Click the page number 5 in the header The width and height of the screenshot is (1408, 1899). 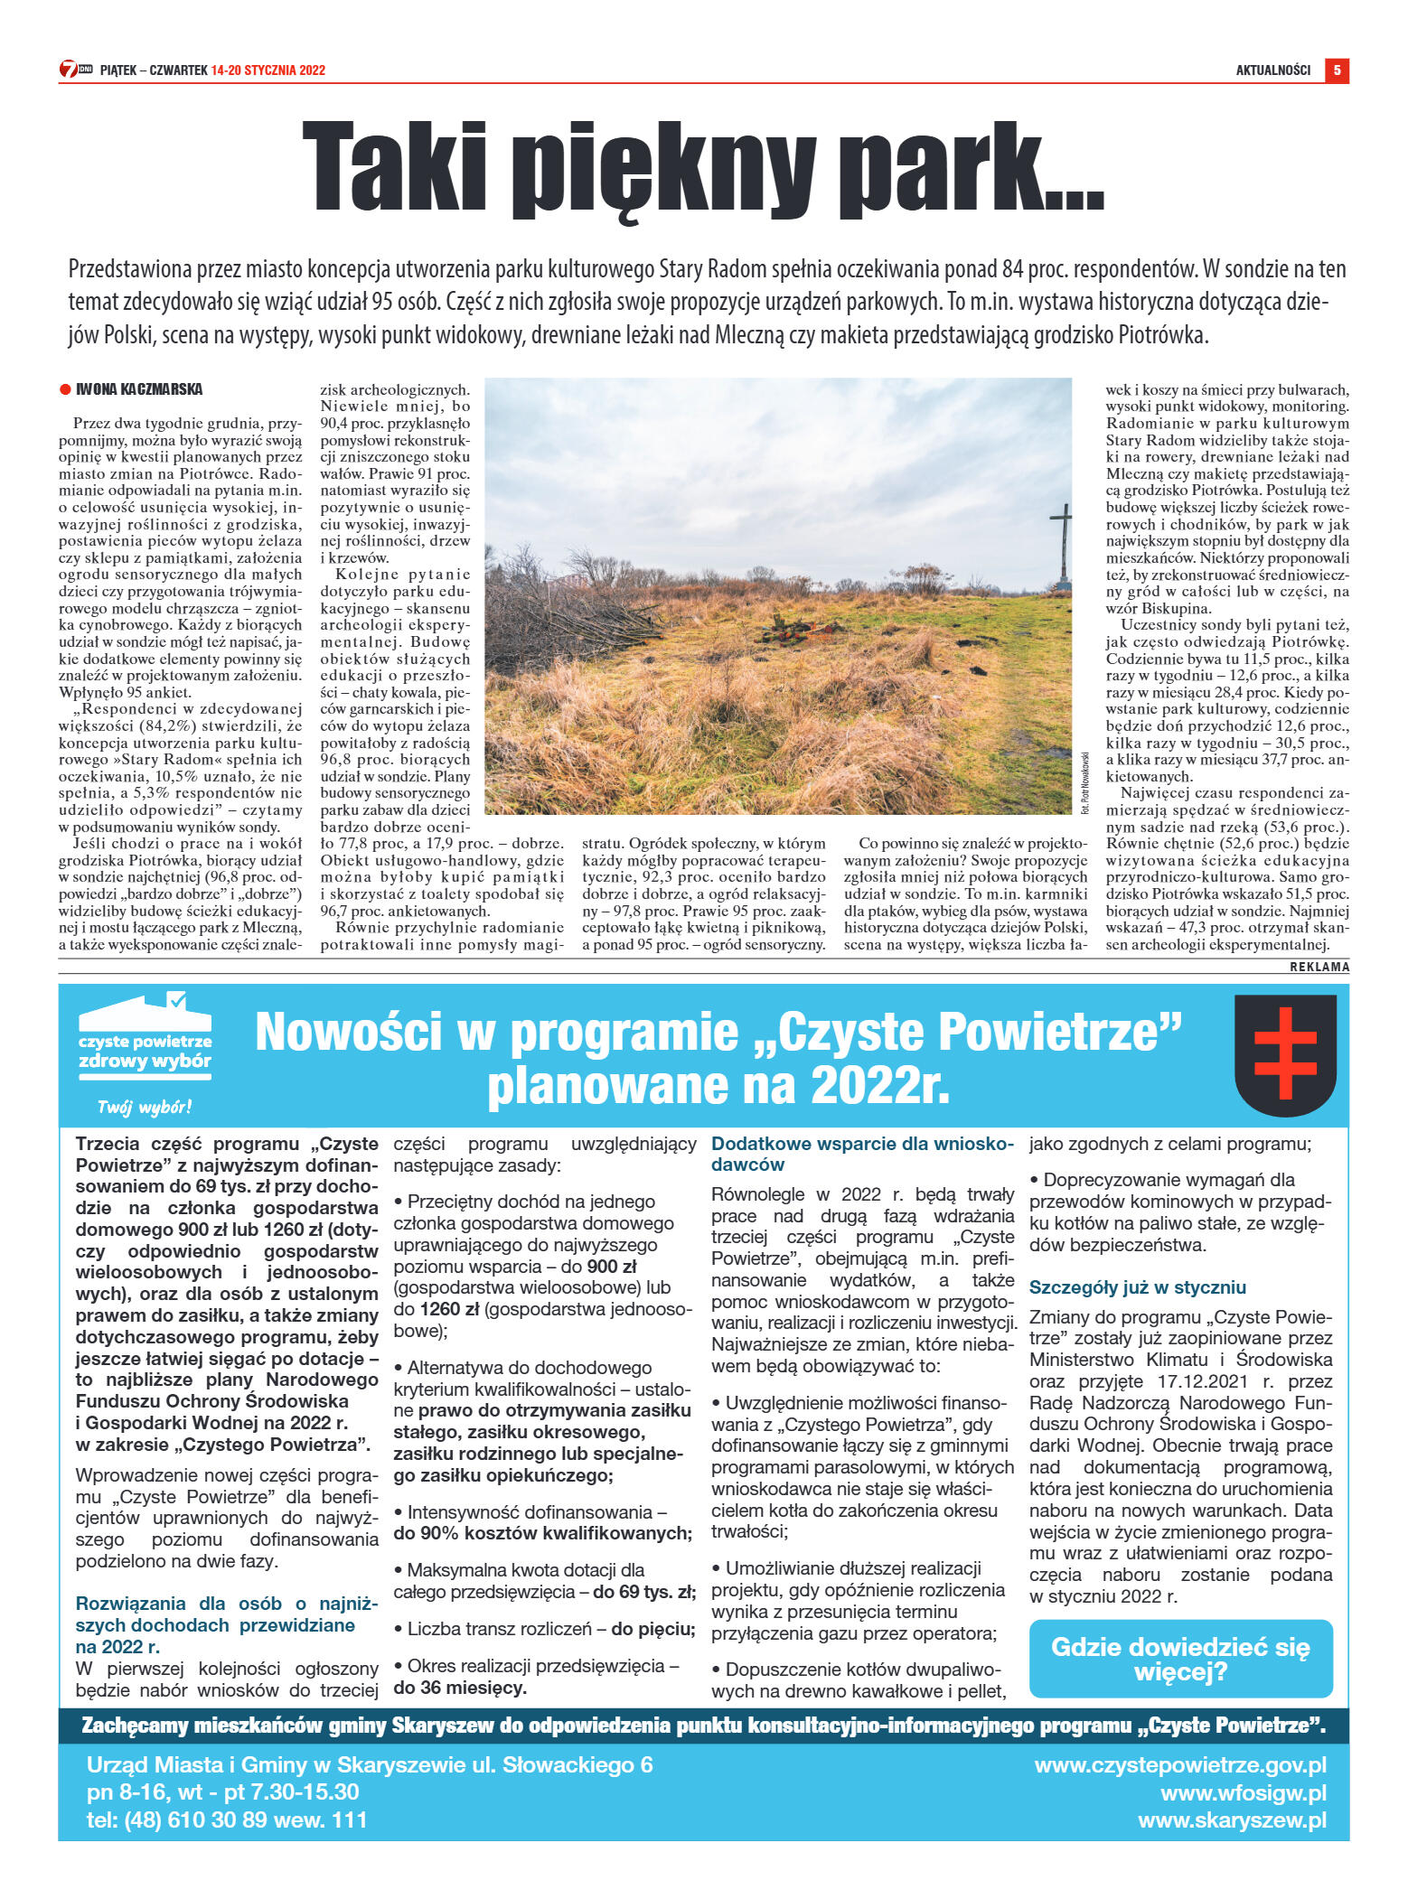click(1336, 70)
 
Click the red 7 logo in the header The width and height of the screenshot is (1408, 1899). click(69, 70)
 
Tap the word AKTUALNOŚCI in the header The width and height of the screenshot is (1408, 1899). click(1272, 70)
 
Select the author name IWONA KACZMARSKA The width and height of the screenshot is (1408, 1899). click(139, 389)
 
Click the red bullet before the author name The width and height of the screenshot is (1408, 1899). click(65, 390)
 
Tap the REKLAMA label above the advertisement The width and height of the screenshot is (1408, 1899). click(1319, 967)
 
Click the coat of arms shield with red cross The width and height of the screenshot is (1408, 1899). click(1285, 1055)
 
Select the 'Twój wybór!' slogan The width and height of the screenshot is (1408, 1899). click(145, 1108)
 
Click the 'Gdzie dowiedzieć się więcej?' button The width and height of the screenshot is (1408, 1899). click(1180, 1659)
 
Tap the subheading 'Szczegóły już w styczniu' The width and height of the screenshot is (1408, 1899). click(1137, 1287)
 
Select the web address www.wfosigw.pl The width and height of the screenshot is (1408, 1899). click(1244, 1792)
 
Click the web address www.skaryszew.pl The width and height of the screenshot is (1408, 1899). click(1232, 1820)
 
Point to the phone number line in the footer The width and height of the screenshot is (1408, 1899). click(227, 1820)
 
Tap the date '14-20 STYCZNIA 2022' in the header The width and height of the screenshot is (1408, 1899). click(268, 70)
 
